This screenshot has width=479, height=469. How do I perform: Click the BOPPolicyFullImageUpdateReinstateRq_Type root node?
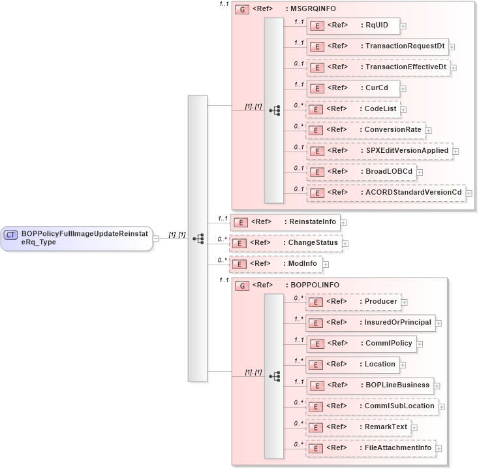tap(77, 238)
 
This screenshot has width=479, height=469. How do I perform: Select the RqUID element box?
tap(353, 25)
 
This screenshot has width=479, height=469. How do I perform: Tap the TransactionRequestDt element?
tap(377, 46)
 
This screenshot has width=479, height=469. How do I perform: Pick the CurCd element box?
tap(353, 88)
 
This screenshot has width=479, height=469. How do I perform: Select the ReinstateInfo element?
tap(285, 222)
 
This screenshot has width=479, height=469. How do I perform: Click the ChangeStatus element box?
tap(285, 243)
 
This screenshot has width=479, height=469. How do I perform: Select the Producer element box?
tap(353, 302)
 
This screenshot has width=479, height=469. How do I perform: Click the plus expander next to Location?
tap(403, 364)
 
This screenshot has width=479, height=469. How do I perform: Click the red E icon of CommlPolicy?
tap(316, 344)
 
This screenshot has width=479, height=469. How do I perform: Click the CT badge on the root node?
tap(11, 235)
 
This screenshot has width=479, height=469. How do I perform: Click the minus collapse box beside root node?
tap(156, 238)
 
